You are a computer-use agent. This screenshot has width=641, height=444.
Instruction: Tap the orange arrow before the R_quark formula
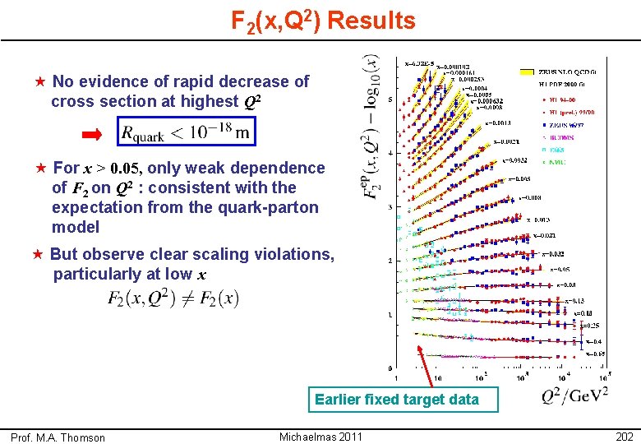click(92, 133)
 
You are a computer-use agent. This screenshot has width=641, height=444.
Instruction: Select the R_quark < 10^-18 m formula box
click(186, 132)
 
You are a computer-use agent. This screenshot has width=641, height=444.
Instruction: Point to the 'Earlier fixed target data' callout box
click(396, 400)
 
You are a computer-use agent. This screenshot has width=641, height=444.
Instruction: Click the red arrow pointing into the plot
click(425, 366)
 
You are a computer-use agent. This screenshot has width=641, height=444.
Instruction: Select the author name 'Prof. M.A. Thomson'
click(58, 437)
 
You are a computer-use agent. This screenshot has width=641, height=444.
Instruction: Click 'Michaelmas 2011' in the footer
click(320, 437)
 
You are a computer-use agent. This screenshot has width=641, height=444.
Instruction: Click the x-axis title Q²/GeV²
click(574, 396)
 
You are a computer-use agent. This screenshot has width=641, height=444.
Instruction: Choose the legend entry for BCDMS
click(562, 138)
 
